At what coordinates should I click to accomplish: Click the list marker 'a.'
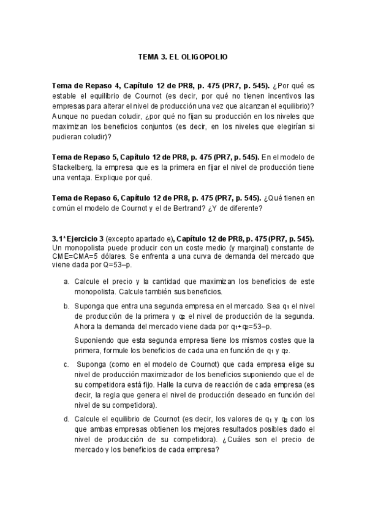tap(66, 280)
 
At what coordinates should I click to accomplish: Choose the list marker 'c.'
tap(66, 365)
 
